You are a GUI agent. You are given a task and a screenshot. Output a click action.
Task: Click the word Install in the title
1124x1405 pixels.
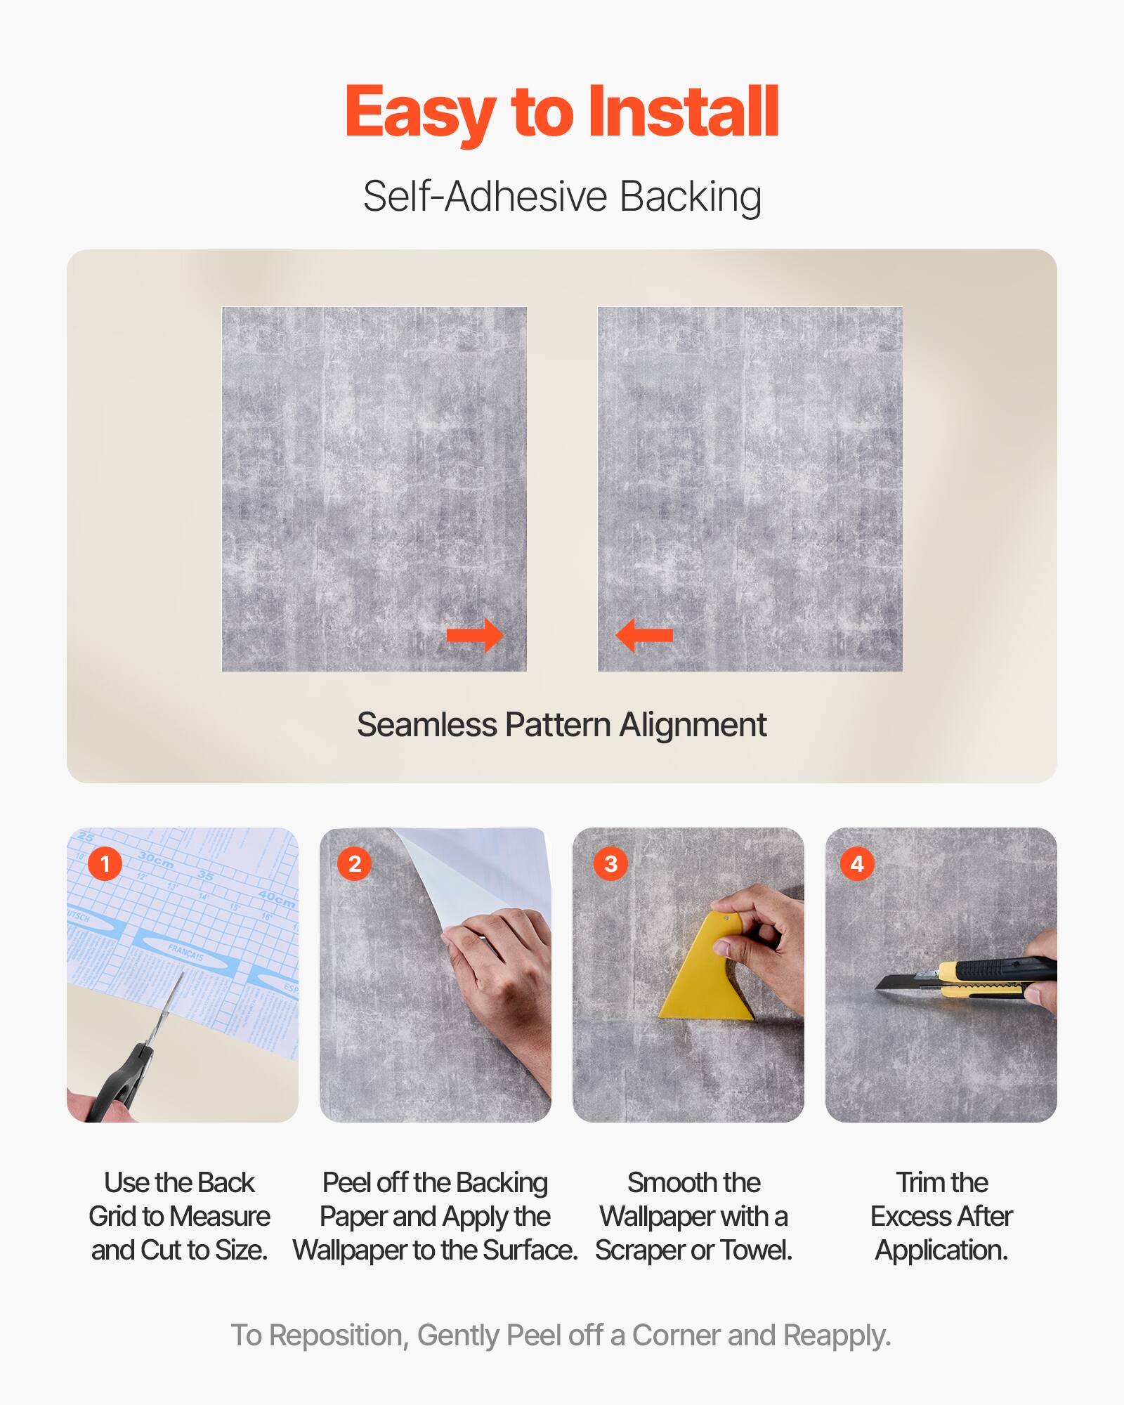(x=683, y=112)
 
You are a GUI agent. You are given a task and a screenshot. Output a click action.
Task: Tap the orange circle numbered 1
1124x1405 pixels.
(x=105, y=863)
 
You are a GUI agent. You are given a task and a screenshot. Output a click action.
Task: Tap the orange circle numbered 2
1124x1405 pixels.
(x=355, y=863)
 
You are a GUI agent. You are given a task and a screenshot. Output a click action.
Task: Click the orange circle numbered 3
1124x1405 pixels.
(x=610, y=863)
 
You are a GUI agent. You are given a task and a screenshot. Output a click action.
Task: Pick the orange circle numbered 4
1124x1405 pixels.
(x=857, y=863)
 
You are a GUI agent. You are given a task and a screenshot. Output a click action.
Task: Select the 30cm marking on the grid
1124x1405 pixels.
(x=156, y=859)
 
